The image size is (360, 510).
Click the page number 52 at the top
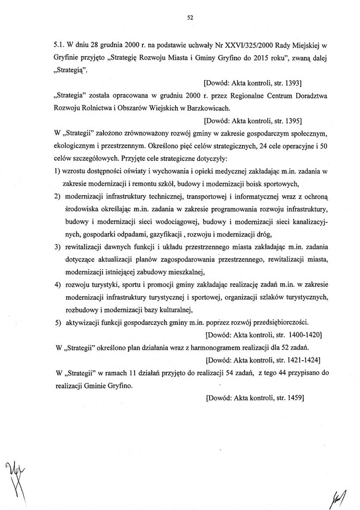(190, 17)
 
